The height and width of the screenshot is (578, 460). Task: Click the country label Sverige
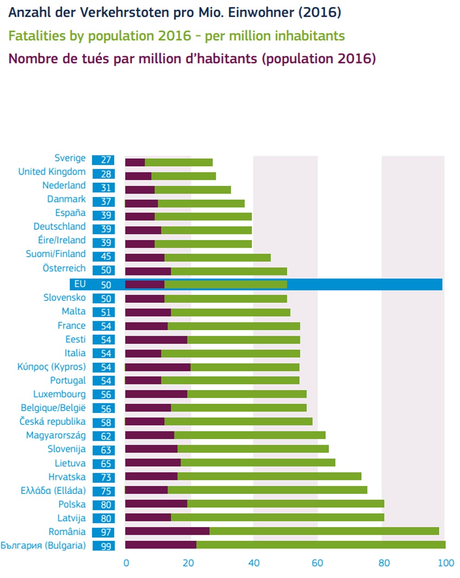click(x=70, y=158)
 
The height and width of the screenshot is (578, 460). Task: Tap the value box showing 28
click(x=103, y=174)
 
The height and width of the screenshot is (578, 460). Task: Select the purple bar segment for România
click(x=167, y=531)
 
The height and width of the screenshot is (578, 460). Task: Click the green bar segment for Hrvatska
click(x=269, y=476)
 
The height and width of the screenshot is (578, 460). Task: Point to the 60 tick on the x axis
click(x=317, y=563)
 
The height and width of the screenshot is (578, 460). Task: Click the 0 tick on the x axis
click(x=126, y=563)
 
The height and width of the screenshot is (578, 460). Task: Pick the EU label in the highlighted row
click(x=80, y=284)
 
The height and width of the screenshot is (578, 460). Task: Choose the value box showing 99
click(x=103, y=546)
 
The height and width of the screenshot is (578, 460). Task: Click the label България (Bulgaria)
click(x=43, y=546)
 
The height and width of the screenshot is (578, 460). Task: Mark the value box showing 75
click(x=103, y=491)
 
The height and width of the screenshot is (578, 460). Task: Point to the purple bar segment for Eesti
click(x=156, y=340)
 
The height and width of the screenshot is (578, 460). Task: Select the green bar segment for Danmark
click(x=201, y=204)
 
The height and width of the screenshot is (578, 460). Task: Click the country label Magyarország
click(x=56, y=435)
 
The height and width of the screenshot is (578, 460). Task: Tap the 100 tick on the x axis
click(x=445, y=563)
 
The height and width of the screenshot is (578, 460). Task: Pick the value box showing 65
click(x=103, y=464)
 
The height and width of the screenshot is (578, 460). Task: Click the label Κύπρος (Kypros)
click(x=52, y=367)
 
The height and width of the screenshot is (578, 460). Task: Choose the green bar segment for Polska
click(x=286, y=504)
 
